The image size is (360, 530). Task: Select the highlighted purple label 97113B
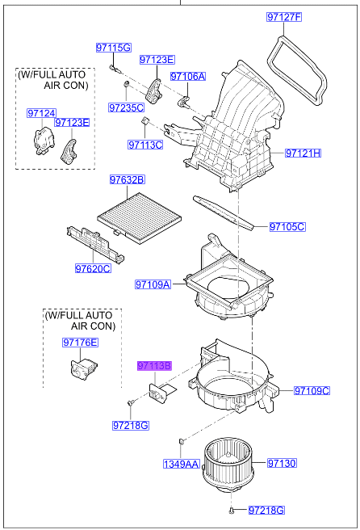(154, 367)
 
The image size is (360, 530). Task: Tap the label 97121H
(303, 153)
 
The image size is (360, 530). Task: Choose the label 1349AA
(181, 464)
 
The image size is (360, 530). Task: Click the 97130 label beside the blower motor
(283, 464)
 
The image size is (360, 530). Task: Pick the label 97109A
(153, 284)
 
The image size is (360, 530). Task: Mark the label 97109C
(312, 390)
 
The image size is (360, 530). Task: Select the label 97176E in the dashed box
(80, 343)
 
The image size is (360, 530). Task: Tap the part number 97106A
(187, 77)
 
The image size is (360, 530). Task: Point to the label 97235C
(126, 107)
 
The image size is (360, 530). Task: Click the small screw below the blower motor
(232, 510)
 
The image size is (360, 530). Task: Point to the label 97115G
(113, 48)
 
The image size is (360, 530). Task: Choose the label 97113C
(144, 145)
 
